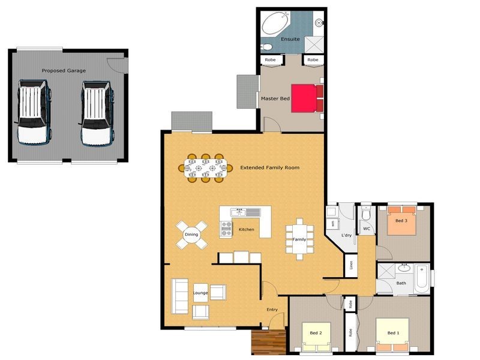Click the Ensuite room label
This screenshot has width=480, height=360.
click(290, 40)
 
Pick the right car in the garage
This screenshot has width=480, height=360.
click(96, 113)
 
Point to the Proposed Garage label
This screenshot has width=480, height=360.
click(64, 71)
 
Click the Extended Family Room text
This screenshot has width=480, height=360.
click(269, 167)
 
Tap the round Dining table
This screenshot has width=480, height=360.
click(191, 235)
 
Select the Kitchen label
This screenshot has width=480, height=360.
click(247, 229)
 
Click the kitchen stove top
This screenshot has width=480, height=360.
click(227, 228)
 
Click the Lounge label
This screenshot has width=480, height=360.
click(200, 293)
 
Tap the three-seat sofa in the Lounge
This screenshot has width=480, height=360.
click(179, 296)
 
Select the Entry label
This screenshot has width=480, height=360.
click(272, 310)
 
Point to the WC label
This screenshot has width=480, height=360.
click(366, 229)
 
